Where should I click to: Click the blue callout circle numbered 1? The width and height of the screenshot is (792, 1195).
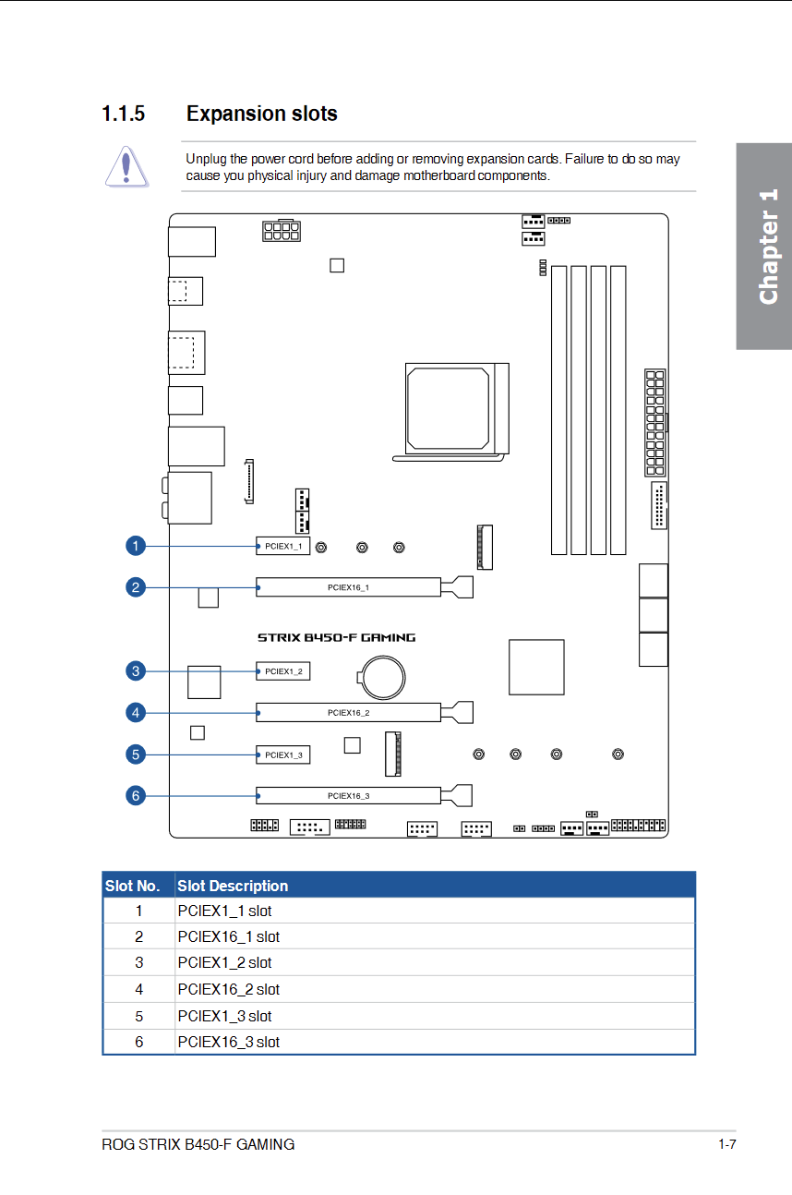coord(136,546)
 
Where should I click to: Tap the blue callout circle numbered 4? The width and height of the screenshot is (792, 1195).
coord(136,712)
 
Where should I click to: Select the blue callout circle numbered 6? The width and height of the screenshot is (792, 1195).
coord(136,795)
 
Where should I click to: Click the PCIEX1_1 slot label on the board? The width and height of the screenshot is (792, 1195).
coord(283,546)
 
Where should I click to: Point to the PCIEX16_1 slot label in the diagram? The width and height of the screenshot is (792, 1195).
coord(348,587)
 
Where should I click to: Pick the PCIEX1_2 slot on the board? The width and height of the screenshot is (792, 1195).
coord(282,671)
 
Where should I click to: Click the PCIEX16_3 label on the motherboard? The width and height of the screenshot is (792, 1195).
coord(348,795)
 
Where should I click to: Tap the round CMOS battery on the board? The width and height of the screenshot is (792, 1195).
coord(382,678)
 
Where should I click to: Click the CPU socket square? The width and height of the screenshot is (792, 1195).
coord(457,409)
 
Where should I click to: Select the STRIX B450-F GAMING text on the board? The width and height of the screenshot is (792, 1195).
coord(337,637)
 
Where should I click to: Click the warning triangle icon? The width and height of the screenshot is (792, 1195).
coord(126,166)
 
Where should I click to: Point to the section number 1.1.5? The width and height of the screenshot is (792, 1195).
coord(123,114)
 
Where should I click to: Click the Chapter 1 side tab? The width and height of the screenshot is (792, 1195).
coord(764,246)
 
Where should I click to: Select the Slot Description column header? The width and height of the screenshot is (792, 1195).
coord(233,886)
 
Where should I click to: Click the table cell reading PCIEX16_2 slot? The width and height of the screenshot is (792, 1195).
coord(228,989)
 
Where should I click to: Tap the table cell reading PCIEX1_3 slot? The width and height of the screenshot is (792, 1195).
coord(224,1016)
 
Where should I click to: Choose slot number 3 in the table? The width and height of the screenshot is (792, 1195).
coord(138,962)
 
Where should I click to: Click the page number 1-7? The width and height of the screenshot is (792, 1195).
coord(727,1144)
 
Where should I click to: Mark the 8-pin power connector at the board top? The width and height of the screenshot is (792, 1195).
coord(282,231)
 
